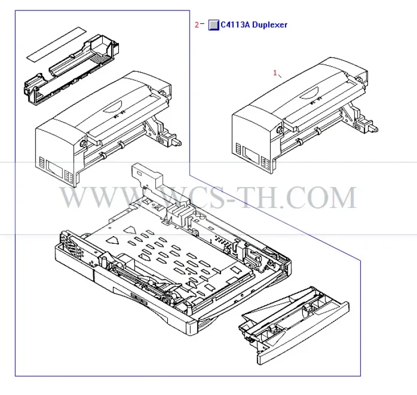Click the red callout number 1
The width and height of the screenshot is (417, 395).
(275, 72)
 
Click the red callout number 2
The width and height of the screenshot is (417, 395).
(197, 25)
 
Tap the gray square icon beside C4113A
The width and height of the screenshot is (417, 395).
(214, 25)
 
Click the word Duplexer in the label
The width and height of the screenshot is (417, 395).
(269, 25)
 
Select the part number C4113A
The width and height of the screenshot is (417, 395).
(236, 24)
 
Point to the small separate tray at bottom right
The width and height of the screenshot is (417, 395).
(295, 324)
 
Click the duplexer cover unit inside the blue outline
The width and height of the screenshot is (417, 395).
(108, 129)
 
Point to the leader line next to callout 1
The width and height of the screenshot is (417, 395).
(280, 76)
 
